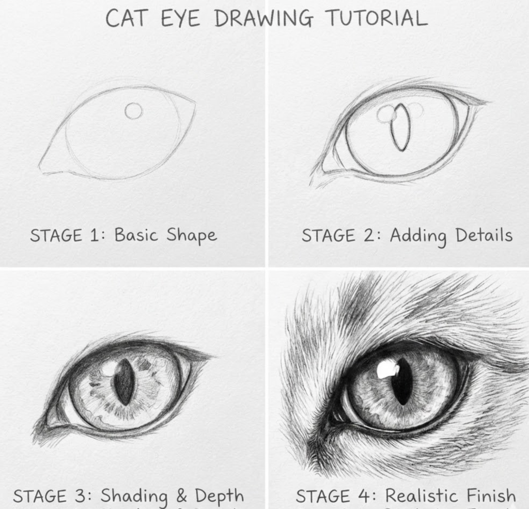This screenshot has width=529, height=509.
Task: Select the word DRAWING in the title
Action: coord(263,18)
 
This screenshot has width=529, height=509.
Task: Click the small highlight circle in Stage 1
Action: coord(133,111)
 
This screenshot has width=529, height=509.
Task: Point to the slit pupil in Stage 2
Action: coord(400,127)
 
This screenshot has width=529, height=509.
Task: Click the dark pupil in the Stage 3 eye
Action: coord(124,382)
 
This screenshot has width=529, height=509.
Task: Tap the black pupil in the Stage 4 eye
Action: coord(402,381)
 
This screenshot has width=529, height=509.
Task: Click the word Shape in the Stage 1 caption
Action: coord(191,236)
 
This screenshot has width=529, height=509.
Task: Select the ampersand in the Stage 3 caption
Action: coord(181,496)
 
